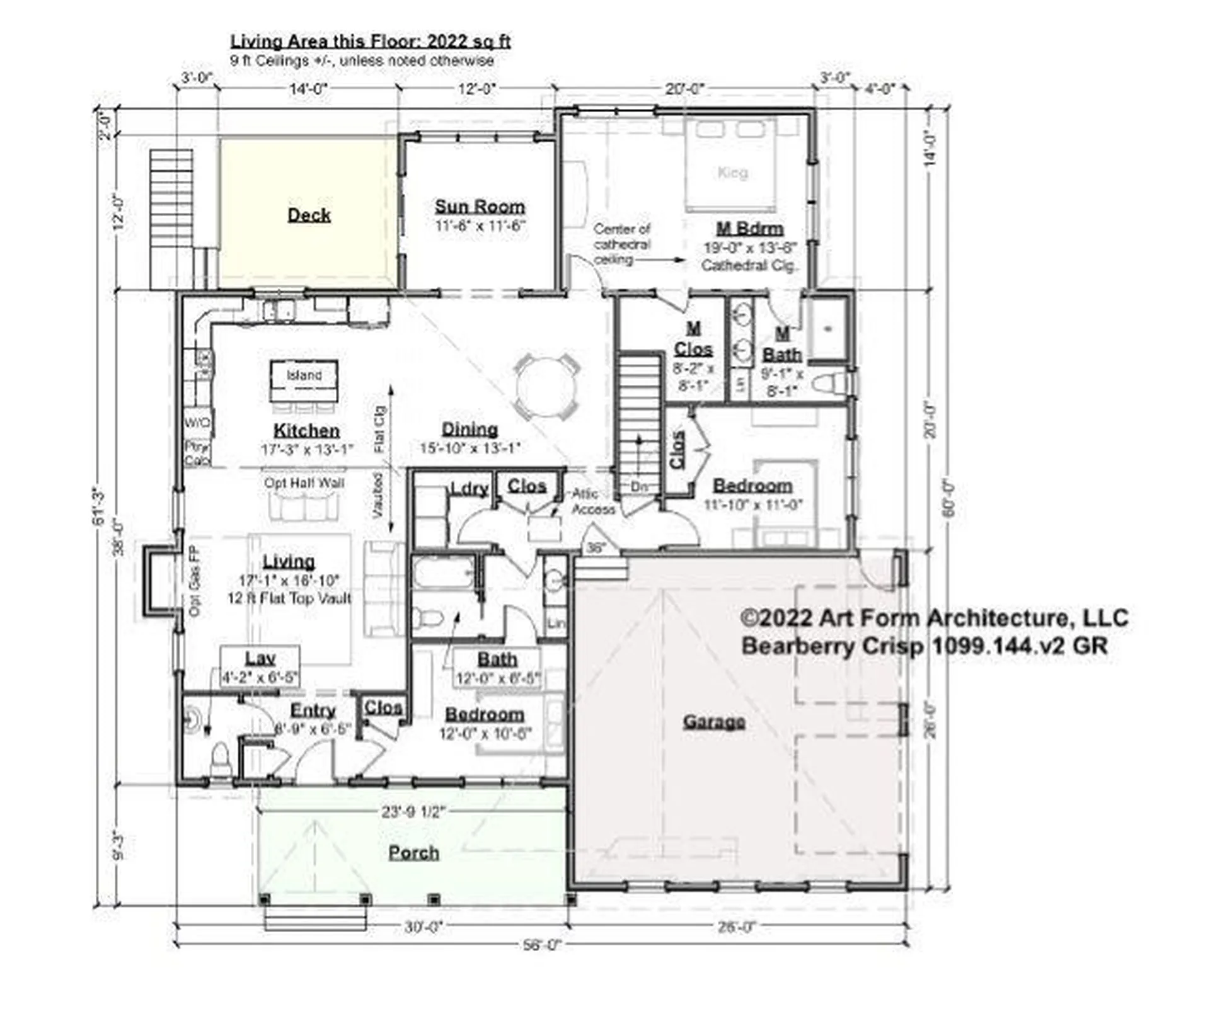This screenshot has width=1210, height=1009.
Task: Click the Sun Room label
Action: tap(480, 207)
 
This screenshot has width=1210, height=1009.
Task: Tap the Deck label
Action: tap(309, 215)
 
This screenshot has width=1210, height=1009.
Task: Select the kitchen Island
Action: tap(304, 380)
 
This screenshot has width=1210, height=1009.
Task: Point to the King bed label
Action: tap(732, 172)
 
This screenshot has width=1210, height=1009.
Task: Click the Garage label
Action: tap(714, 721)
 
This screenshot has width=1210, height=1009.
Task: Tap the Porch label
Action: tap(413, 852)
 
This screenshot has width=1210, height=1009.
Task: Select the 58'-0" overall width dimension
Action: tap(541, 945)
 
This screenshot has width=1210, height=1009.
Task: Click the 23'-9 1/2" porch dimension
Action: tap(413, 812)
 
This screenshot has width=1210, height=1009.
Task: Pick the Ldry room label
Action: tap(470, 489)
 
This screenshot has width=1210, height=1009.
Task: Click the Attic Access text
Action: tap(593, 501)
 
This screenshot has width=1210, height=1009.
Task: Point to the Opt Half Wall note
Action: tap(304, 483)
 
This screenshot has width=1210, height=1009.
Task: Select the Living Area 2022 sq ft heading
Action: tap(370, 42)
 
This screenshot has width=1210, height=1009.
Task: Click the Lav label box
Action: tap(260, 667)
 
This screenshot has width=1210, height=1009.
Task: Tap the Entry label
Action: tap(313, 710)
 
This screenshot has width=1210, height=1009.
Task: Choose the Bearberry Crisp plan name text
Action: tap(924, 646)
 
